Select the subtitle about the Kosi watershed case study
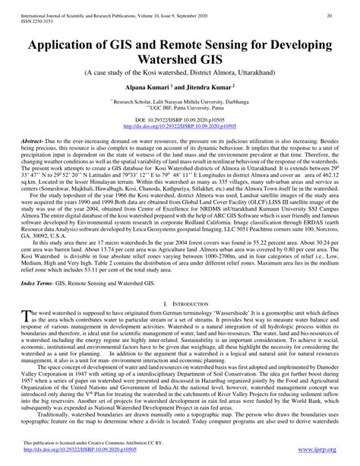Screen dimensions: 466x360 180,74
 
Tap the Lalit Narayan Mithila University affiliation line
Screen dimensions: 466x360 180,102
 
